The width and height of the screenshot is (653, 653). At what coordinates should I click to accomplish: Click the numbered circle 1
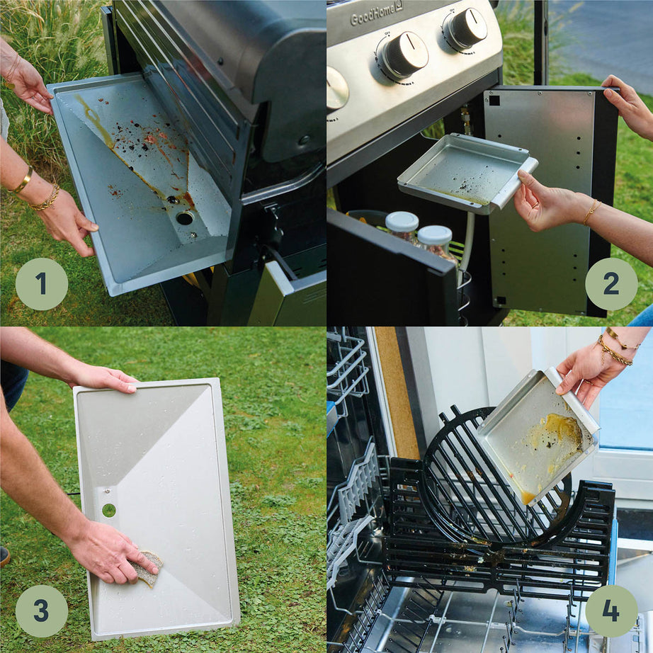(41, 284)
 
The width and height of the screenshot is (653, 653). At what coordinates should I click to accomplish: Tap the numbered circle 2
(611, 284)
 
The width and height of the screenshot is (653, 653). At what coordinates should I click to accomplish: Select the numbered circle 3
(41, 611)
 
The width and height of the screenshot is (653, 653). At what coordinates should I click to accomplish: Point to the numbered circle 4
(611, 611)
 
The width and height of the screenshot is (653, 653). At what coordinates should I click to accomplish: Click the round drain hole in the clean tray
(108, 509)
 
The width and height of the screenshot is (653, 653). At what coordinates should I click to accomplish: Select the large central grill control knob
(404, 55)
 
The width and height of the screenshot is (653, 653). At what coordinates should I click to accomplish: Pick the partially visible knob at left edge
(336, 89)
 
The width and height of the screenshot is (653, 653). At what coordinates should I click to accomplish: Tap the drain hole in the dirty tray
(184, 218)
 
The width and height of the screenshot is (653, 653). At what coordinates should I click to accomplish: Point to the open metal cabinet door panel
(542, 198)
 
